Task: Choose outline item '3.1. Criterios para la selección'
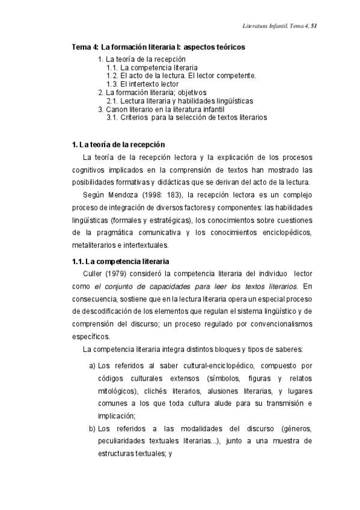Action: click(186, 118)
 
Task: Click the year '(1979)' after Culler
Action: click(121, 274)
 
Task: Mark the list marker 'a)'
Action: click(92, 365)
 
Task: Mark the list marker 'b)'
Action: click(92, 428)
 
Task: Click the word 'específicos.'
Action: click(91, 337)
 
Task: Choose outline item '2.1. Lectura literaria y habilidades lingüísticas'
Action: click(180, 101)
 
